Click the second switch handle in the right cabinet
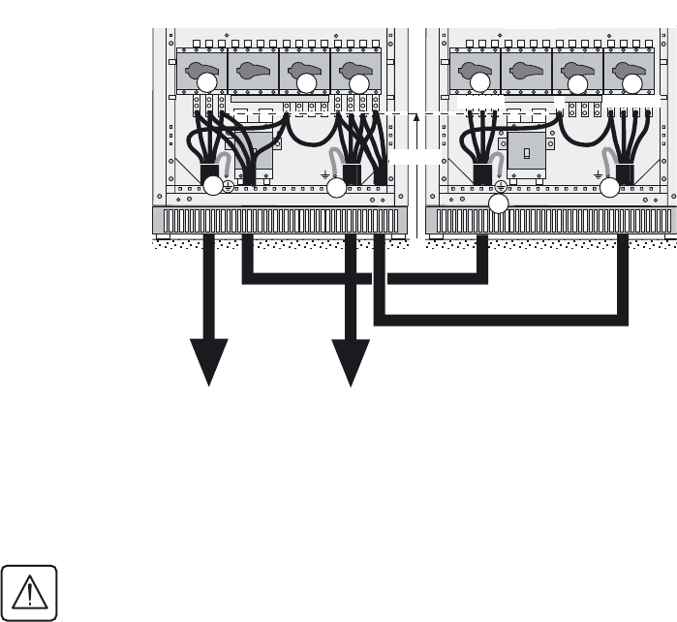tap(527, 73)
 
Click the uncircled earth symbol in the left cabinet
tap(324, 175)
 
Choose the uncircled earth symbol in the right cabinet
tap(599, 175)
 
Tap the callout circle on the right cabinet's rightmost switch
tap(630, 83)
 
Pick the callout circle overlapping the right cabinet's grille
tap(499, 204)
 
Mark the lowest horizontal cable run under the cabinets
tap(500, 319)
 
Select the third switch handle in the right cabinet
tap(577, 73)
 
